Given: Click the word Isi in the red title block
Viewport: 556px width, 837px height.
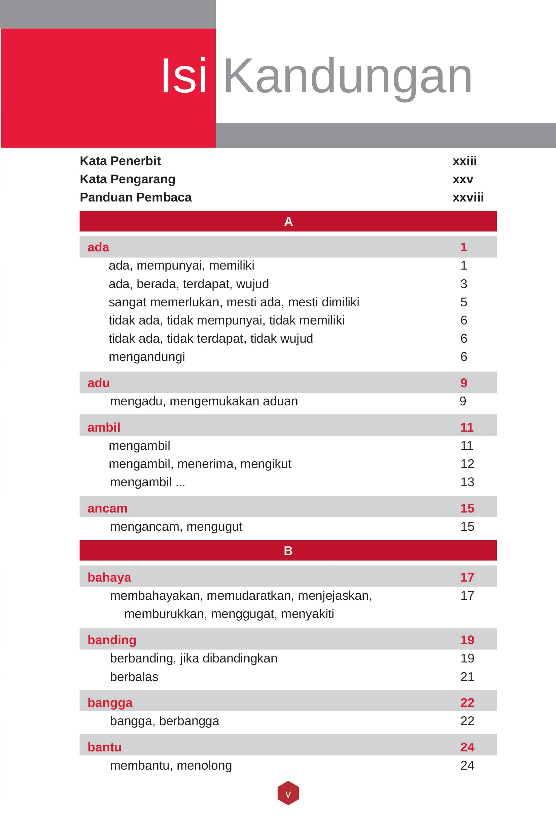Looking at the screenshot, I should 184,76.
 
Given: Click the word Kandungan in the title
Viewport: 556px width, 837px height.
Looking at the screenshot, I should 348,76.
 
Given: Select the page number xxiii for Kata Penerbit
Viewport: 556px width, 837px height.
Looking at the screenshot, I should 464,161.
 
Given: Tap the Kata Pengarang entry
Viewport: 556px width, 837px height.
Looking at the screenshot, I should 127,179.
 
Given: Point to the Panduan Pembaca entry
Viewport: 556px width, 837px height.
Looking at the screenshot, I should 135,197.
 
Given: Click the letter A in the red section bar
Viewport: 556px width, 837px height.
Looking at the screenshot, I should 288,222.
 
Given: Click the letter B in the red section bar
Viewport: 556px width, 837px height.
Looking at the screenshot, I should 288,551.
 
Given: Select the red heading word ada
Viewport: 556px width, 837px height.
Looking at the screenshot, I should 98,247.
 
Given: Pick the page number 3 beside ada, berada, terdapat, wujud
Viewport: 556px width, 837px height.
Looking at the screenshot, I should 463,284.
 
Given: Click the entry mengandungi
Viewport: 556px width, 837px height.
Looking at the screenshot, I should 147,357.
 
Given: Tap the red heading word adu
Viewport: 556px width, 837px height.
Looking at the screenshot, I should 99,383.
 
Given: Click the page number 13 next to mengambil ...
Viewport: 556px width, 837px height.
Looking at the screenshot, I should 467,482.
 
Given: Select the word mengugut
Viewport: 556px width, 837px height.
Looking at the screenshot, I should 214,527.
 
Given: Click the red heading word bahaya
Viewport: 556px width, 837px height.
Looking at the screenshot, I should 109,578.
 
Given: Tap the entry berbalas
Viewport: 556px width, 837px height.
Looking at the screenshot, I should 134,677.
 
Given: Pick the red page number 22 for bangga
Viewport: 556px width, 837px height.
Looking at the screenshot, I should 467,703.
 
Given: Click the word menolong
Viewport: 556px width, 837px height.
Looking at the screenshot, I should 204,765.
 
